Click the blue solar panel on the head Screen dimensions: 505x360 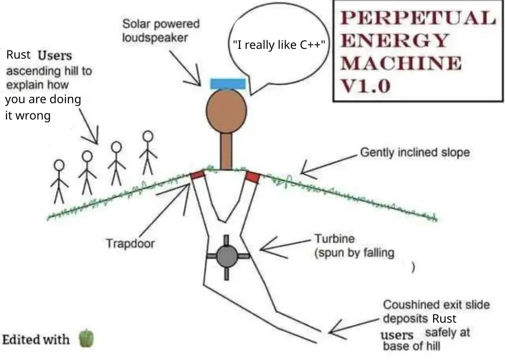228,84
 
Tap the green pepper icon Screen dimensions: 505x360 86,338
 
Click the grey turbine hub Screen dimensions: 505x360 227,256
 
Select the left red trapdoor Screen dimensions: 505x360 198,175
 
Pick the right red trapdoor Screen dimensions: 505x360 253,177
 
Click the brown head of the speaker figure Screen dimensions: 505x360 227,110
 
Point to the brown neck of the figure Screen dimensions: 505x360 226,151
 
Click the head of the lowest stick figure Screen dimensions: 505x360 59,165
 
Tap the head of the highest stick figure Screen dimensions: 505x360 148,136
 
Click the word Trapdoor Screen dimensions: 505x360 130,243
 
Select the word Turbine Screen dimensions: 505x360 335,239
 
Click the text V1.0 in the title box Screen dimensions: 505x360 366,86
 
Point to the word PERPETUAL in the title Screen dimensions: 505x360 418,18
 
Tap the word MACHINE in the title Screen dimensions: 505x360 401,63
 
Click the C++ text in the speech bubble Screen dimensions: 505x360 310,45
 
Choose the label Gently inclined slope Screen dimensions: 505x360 415,152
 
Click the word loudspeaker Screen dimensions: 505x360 155,38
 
